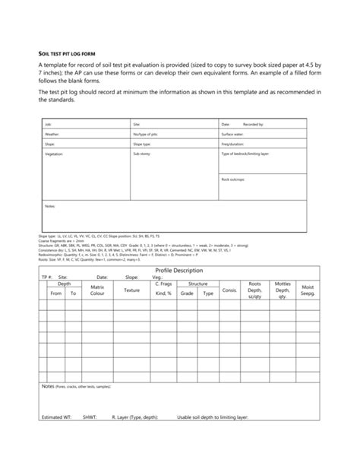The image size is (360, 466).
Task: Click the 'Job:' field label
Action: (48, 123)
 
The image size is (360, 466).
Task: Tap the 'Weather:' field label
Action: (52, 133)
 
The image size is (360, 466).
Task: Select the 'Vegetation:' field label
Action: (53, 154)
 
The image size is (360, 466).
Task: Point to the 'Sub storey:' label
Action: (142, 154)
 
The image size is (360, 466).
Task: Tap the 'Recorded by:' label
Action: (253, 123)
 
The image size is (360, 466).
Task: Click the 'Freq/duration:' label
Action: (232, 143)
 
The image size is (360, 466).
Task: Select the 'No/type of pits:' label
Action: (146, 133)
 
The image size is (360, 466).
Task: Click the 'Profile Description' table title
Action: (179, 270)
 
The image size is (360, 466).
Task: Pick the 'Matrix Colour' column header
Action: (96, 290)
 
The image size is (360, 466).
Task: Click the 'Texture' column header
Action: (131, 290)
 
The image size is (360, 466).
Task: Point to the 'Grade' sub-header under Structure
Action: (187, 293)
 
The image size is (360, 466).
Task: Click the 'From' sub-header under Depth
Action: (55, 293)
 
